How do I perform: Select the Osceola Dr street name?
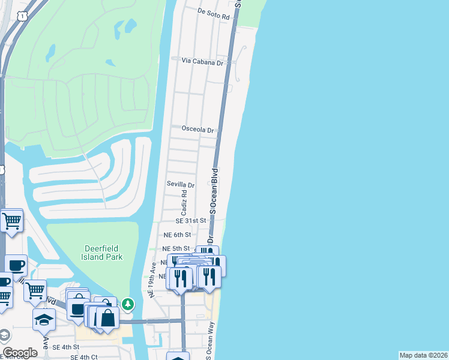point(198,129)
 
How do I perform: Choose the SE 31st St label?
point(186,221)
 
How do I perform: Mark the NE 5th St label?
point(176,248)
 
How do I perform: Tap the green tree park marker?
point(127,304)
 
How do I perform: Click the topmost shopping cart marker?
point(12,221)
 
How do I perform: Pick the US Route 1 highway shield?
point(22,17)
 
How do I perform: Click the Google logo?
point(20,353)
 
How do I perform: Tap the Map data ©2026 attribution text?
point(423,355)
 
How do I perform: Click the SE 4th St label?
point(66,347)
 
